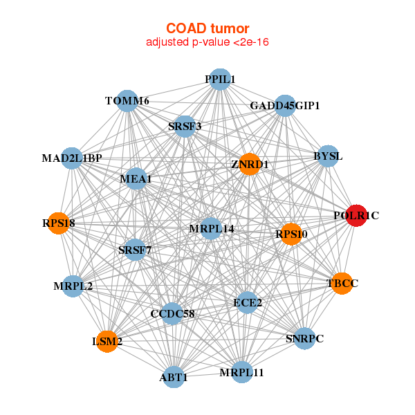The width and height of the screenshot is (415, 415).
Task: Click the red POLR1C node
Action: coord(356,216)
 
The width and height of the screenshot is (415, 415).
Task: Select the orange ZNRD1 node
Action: coord(249,164)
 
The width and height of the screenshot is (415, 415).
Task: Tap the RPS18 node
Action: coord(58,223)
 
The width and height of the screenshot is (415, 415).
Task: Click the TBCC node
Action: coord(342,283)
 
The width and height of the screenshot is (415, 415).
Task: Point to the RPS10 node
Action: coord(291,234)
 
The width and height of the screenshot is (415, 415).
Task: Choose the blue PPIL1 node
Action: coord(219,80)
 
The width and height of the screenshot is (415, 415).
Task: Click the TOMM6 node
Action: coord(127,101)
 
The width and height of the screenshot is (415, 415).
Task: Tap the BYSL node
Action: coord(327,156)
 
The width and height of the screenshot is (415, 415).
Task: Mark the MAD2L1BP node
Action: coord(72,158)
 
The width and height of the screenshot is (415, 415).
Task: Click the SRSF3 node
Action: coord(185,127)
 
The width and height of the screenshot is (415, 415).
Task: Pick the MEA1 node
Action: coord(136,179)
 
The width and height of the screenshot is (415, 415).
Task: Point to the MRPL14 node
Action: coord(211,228)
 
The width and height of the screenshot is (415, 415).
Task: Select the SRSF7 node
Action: coord(135,249)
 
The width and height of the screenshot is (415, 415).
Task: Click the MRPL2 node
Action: coord(73,286)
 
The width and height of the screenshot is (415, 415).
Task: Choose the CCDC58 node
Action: coord(172,314)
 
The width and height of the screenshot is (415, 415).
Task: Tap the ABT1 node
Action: coord(174,377)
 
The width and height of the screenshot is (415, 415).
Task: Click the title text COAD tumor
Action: coord(207,28)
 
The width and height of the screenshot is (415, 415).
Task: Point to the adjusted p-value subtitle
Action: coord(207,42)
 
